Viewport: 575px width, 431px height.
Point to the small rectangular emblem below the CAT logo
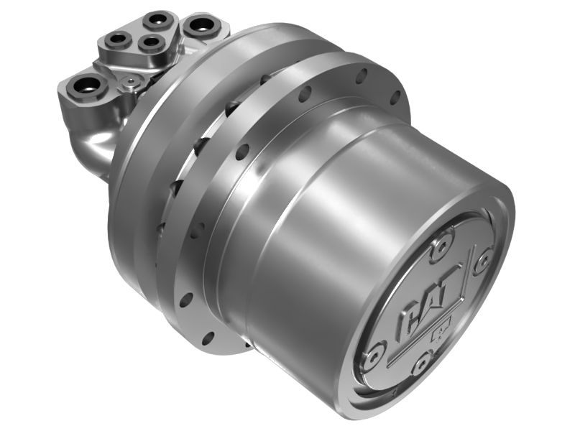(438, 333)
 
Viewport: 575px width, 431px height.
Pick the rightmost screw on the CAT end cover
(483, 259)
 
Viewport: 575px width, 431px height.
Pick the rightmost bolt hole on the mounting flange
(394, 96)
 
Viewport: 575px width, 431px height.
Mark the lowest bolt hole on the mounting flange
(208, 338)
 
